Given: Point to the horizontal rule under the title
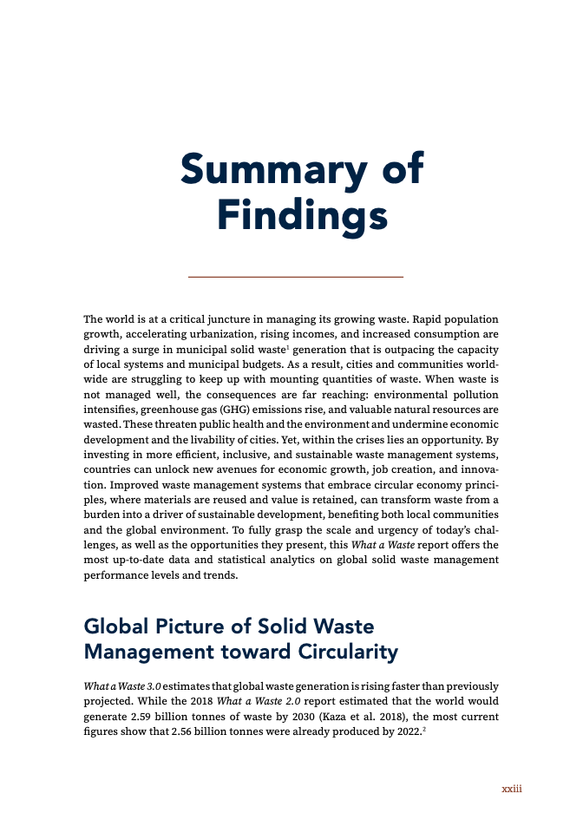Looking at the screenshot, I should pyautogui.click(x=296, y=276).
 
